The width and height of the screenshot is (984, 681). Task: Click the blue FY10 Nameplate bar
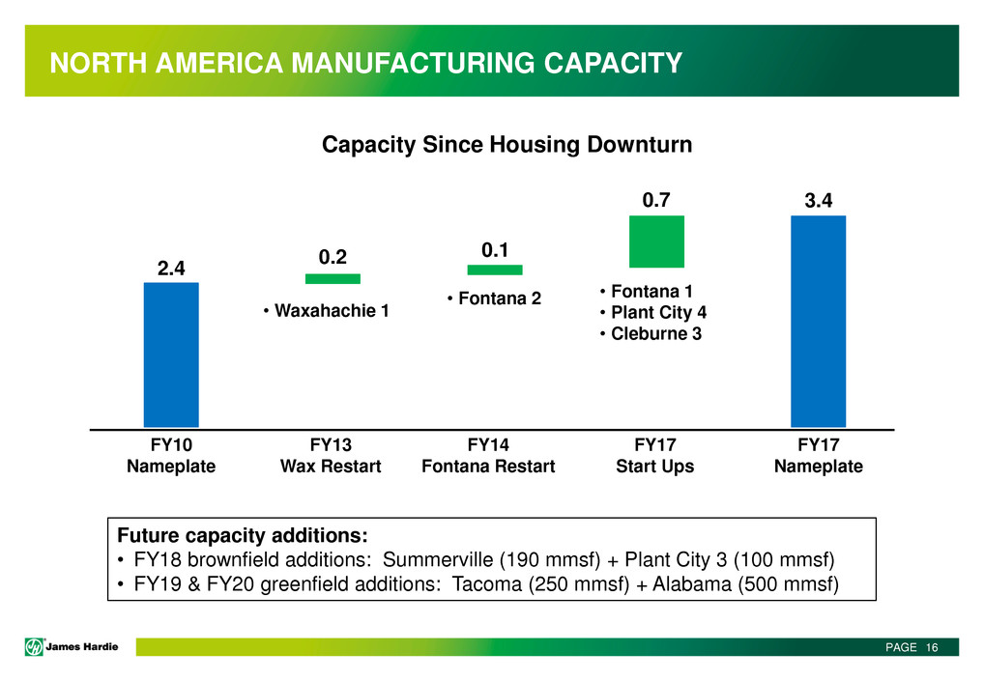171,354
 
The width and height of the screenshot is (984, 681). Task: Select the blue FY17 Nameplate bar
818,321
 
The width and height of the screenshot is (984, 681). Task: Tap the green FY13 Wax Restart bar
333,279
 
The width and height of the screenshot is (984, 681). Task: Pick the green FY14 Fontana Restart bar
495,270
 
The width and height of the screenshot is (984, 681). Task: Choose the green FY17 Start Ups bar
656,241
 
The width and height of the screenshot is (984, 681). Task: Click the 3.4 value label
818,200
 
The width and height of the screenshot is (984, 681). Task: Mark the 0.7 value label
656,200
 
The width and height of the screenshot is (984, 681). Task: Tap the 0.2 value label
333,256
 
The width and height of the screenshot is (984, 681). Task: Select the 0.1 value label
495,249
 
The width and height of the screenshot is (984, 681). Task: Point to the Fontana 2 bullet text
493,299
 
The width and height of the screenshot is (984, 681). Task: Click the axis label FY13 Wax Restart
331,456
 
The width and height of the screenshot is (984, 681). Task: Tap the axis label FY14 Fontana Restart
488,456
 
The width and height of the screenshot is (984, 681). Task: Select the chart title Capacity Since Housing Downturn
506,145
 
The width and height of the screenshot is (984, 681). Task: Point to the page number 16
932,647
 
